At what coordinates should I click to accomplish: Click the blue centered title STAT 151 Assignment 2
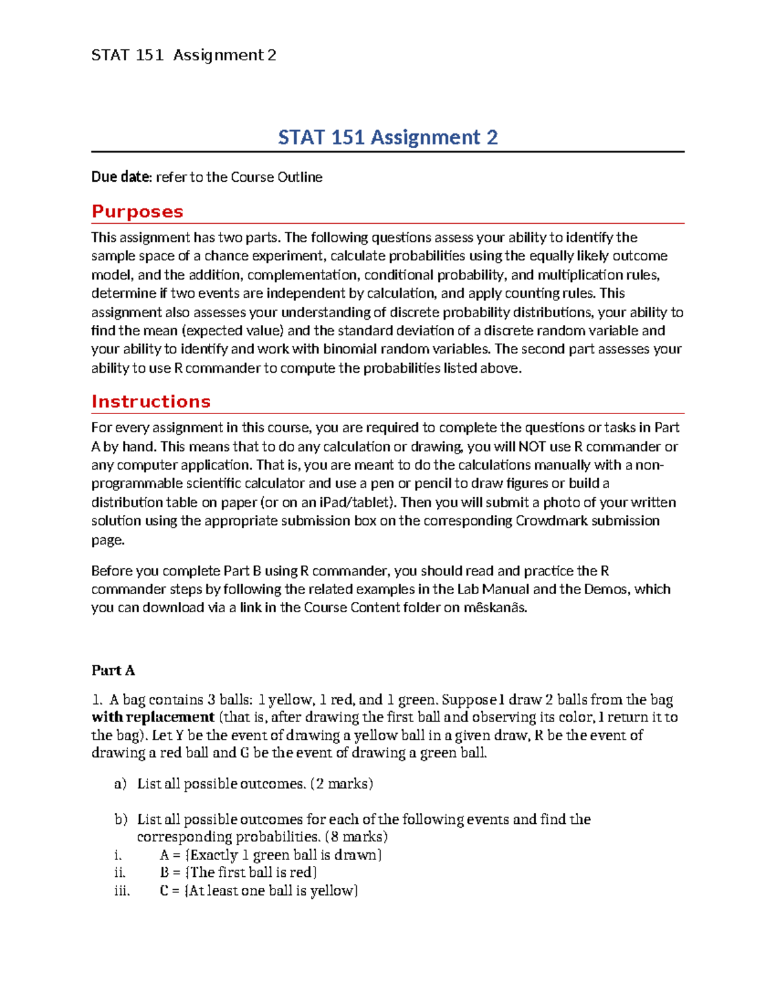(x=387, y=137)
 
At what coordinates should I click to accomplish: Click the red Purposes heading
(x=137, y=212)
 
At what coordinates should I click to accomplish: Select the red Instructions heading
(x=151, y=401)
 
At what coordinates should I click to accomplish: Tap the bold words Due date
(x=121, y=177)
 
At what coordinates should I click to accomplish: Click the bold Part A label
(x=113, y=670)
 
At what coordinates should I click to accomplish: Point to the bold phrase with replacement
(x=153, y=717)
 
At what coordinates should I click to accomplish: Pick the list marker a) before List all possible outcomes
(x=120, y=784)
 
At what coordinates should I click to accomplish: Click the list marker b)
(x=121, y=820)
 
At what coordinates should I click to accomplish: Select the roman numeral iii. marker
(x=122, y=891)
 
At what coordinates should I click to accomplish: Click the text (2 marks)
(x=341, y=784)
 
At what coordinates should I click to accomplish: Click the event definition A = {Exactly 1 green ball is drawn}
(x=270, y=856)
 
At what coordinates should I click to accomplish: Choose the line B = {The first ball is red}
(x=238, y=873)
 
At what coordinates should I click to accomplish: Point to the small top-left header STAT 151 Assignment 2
(x=184, y=56)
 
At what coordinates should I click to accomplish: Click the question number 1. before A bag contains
(x=97, y=700)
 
